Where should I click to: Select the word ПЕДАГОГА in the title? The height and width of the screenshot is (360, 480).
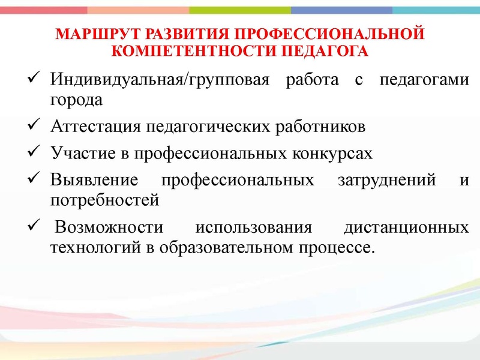[323, 51]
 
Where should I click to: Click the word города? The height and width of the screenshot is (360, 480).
[76, 100]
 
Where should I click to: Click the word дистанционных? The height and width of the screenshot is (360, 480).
[406, 229]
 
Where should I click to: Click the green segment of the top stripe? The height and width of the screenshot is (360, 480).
[240, 10]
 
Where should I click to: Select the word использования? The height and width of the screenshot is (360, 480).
[254, 229]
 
